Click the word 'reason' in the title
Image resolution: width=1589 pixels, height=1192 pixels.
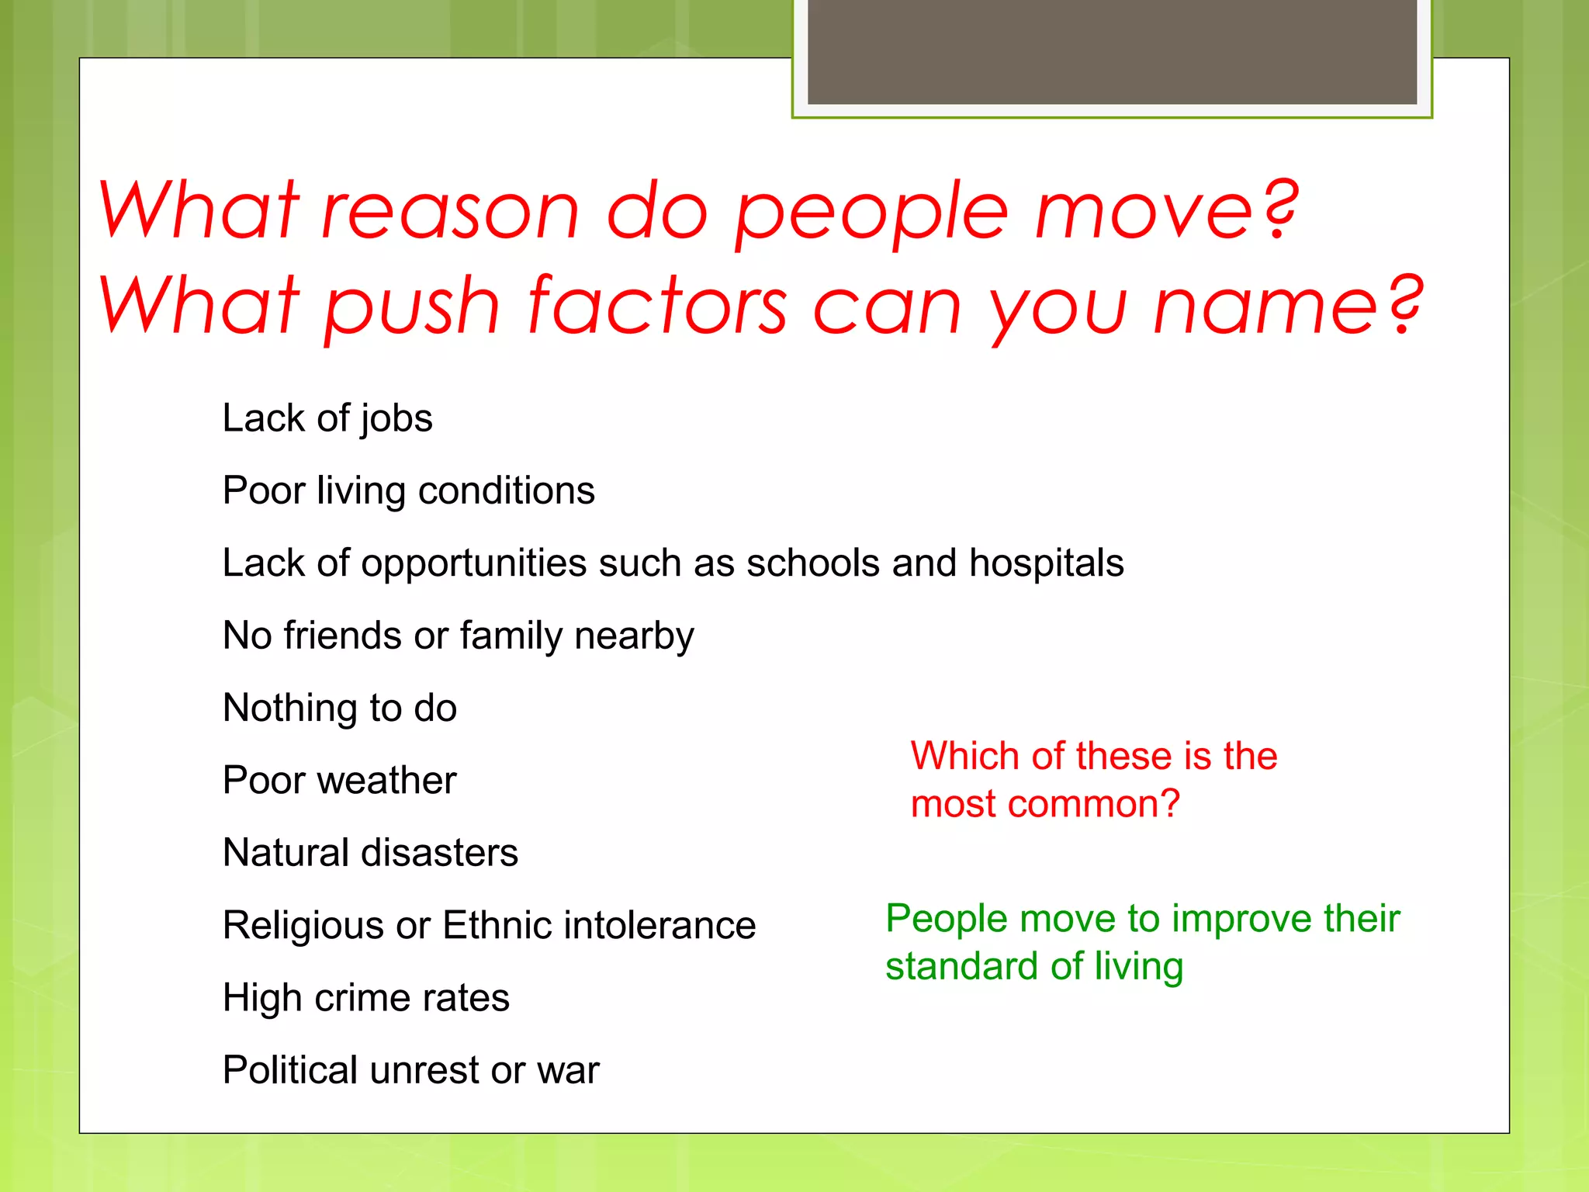pyautogui.click(x=450, y=211)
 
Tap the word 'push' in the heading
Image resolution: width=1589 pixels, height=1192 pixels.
pyautogui.click(x=412, y=307)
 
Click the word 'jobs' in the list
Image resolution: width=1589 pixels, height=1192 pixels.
pyautogui.click(x=396, y=420)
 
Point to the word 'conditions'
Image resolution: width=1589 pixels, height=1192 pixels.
pyautogui.click(x=506, y=490)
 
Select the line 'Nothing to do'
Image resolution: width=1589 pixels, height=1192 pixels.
pyautogui.click(x=340, y=708)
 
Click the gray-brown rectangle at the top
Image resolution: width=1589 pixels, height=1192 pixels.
pyautogui.click(x=1112, y=52)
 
